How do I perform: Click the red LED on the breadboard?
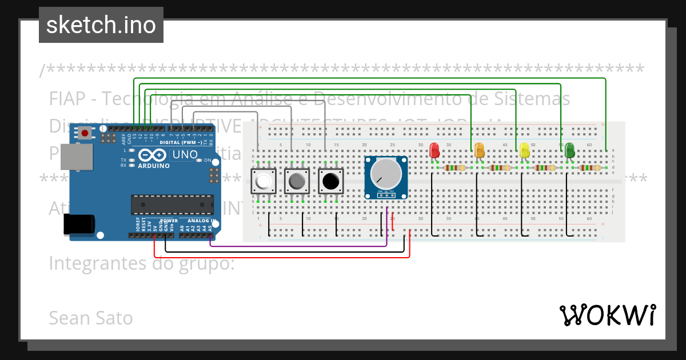click(x=434, y=150)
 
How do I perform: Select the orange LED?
click(x=480, y=150)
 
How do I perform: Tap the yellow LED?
click(x=524, y=150)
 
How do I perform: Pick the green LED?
click(x=569, y=150)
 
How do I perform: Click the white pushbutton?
click(x=264, y=182)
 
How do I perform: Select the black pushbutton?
click(x=330, y=182)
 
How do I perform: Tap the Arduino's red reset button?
click(x=85, y=133)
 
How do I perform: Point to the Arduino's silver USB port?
click(x=75, y=157)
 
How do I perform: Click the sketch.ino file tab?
click(x=101, y=25)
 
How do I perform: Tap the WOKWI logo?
click(x=607, y=315)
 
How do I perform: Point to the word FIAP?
click(x=66, y=99)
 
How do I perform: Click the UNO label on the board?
click(x=185, y=154)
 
